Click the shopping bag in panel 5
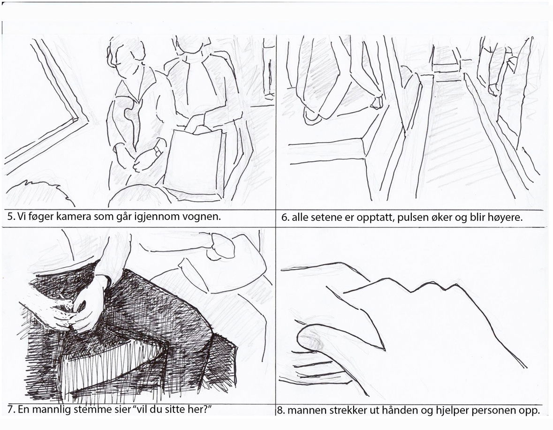tap(194, 160)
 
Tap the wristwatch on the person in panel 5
tap(157, 151)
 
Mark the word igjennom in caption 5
tap(157, 217)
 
